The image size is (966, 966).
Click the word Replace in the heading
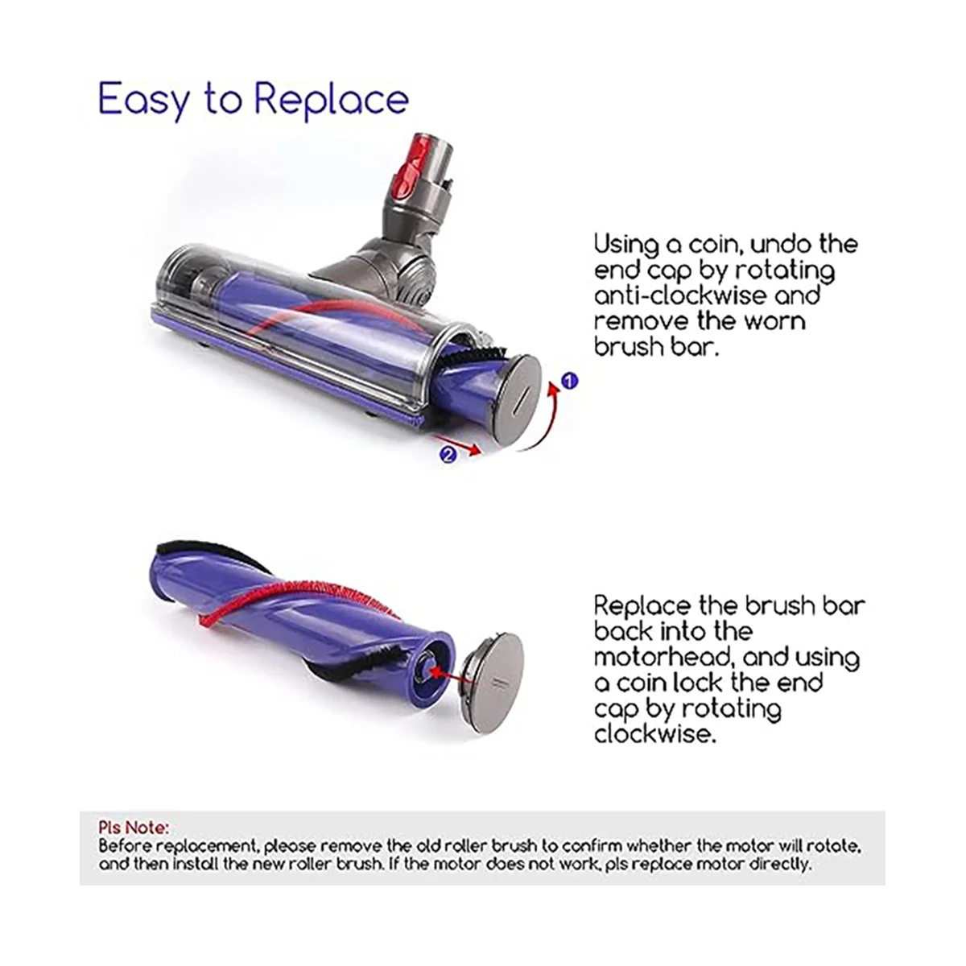click(331, 100)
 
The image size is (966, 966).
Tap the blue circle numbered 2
click(449, 455)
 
